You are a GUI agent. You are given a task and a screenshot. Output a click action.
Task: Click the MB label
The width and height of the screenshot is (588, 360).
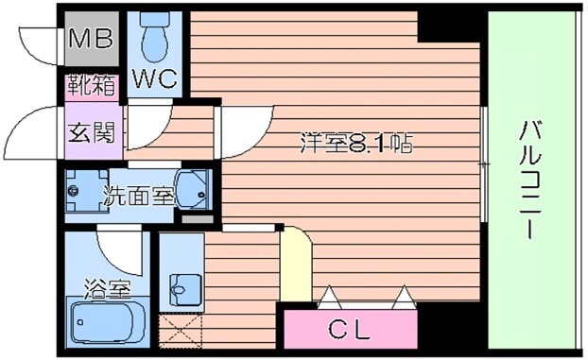click(91, 38)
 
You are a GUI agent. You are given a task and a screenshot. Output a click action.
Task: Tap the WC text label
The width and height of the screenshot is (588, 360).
click(155, 78)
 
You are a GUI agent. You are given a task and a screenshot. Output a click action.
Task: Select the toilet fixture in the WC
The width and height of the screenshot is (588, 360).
click(154, 38)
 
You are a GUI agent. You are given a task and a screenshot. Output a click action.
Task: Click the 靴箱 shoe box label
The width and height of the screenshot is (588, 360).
click(91, 85)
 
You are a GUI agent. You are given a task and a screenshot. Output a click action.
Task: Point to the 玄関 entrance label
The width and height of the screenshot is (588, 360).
click(91, 132)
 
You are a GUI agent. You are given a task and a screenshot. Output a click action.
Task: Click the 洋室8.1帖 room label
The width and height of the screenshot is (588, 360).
click(356, 143)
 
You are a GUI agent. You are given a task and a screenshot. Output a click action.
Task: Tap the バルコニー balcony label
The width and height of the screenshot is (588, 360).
click(529, 180)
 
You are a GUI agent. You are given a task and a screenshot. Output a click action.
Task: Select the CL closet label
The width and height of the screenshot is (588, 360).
click(350, 330)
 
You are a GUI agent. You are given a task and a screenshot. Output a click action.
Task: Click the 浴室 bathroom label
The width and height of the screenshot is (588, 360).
click(107, 288)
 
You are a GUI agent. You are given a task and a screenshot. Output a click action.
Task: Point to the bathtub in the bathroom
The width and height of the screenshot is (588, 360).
click(108, 321)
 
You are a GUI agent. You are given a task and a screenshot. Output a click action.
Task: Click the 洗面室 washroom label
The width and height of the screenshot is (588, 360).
click(139, 196)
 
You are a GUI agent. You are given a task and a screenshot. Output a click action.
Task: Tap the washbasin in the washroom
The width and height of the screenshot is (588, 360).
click(192, 189)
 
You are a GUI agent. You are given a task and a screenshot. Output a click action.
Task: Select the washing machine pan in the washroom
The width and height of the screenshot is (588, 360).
click(87, 191)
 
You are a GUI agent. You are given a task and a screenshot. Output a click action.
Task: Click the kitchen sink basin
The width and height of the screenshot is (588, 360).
click(185, 289)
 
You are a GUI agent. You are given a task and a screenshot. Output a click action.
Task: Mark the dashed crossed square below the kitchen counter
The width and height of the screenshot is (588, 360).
click(181, 331)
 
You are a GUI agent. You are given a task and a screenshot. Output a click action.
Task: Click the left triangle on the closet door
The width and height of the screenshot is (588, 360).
click(330, 297)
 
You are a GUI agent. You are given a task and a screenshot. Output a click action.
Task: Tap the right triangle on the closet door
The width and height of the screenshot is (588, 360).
click(404, 297)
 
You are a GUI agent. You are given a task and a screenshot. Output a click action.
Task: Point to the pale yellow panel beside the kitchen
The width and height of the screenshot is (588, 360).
click(296, 264)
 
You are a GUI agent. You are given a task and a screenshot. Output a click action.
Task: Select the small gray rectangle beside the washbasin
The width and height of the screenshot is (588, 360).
click(198, 219)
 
